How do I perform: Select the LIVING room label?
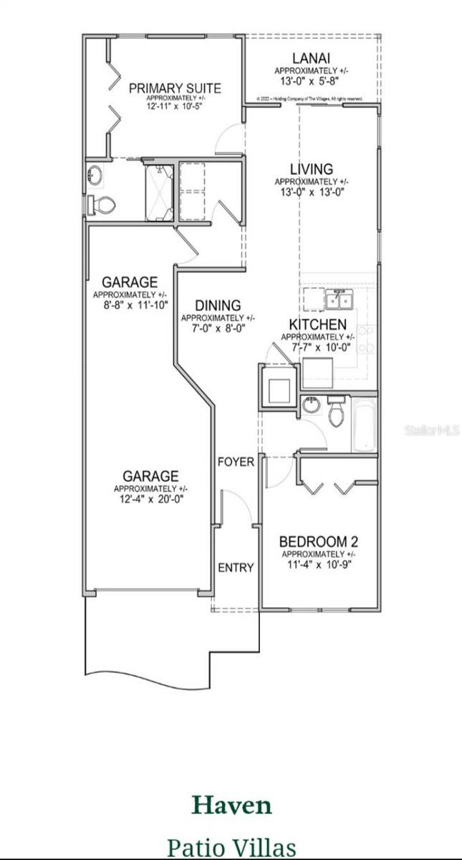(311, 169)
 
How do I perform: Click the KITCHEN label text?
(317, 325)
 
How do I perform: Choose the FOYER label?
(236, 462)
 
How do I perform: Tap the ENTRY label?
(236, 568)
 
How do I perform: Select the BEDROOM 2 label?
(317, 541)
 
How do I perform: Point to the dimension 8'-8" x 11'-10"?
(130, 305)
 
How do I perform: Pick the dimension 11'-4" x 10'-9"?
(317, 563)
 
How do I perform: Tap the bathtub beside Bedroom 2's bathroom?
(364, 426)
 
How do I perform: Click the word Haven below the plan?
(231, 806)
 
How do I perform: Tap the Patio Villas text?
(231, 847)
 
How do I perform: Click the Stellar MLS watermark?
(433, 430)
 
